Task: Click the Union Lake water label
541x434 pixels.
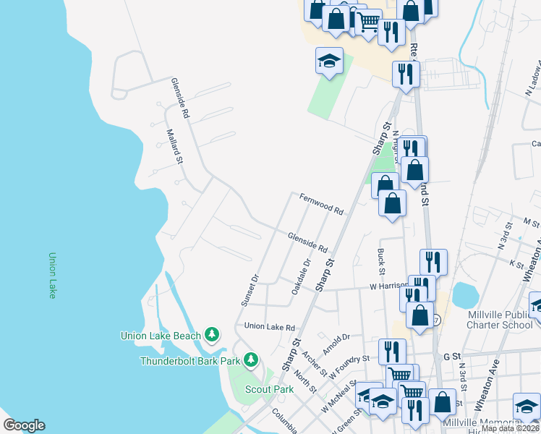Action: click(x=52, y=275)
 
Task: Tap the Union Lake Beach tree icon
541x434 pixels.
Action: click(x=212, y=334)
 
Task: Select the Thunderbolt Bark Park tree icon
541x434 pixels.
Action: click(x=251, y=359)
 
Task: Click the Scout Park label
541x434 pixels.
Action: click(x=269, y=389)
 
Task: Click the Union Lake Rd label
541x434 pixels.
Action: click(x=270, y=327)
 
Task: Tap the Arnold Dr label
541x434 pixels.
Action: click(x=336, y=340)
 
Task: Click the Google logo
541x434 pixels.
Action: click(x=24, y=425)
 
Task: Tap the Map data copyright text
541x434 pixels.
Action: click(x=509, y=428)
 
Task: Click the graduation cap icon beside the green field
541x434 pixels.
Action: click(x=329, y=61)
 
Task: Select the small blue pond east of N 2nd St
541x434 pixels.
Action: click(x=465, y=294)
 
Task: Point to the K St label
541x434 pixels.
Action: click(x=516, y=264)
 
